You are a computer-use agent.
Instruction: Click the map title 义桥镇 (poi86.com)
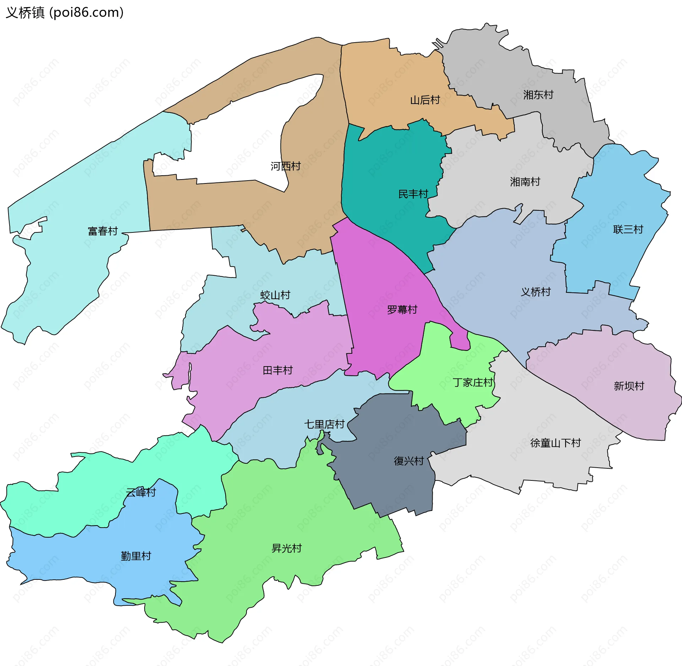pyautogui.click(x=65, y=13)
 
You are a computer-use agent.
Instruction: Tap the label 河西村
pyautogui.click(x=285, y=166)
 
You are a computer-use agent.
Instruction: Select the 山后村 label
pyautogui.click(x=425, y=100)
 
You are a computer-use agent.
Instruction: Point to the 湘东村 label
pyautogui.click(x=538, y=95)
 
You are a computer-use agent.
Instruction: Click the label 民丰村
pyautogui.click(x=413, y=194)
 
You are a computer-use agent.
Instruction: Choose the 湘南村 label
pyautogui.click(x=525, y=182)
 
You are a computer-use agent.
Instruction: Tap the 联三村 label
pyautogui.click(x=628, y=230)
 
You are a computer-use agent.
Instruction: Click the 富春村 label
pyautogui.click(x=103, y=231)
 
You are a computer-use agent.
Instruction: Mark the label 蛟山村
pyautogui.click(x=275, y=295)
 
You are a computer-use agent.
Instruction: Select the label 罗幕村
pyautogui.click(x=402, y=310)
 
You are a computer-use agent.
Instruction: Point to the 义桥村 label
pyautogui.click(x=536, y=292)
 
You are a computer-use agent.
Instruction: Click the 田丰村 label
pyautogui.click(x=277, y=370)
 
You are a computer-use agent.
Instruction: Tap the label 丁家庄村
pyautogui.click(x=473, y=382)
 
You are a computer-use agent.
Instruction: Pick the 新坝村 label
pyautogui.click(x=629, y=386)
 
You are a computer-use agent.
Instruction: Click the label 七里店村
pyautogui.click(x=324, y=424)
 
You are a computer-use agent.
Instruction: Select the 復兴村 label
pyautogui.click(x=408, y=461)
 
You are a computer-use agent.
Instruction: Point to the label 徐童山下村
pyautogui.click(x=555, y=443)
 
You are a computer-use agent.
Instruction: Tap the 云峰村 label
pyautogui.click(x=141, y=492)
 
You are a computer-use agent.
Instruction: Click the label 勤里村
pyautogui.click(x=136, y=556)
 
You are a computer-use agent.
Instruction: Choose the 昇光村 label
pyautogui.click(x=286, y=549)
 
